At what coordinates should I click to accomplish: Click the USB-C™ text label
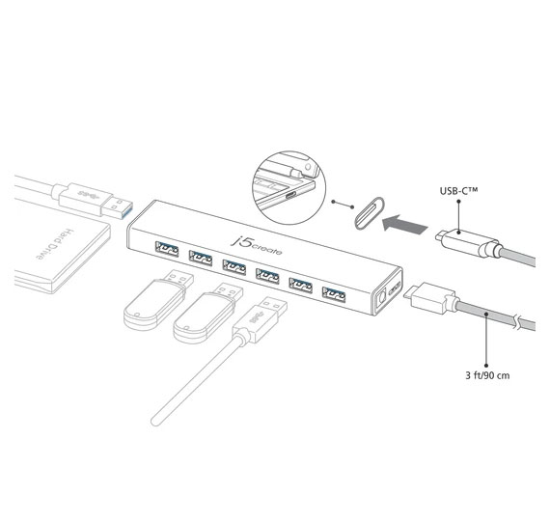click(x=458, y=191)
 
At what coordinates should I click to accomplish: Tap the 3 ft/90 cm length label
click(x=487, y=375)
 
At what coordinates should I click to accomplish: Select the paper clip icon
click(x=370, y=213)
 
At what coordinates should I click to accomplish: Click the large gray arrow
click(x=404, y=224)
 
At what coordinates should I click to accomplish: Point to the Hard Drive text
click(x=56, y=244)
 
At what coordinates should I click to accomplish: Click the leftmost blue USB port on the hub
click(x=167, y=249)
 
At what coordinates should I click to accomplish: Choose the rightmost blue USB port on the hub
click(x=334, y=294)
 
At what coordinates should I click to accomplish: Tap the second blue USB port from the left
click(x=201, y=258)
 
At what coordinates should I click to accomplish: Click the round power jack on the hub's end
click(x=380, y=300)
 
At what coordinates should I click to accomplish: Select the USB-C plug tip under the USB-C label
click(x=438, y=235)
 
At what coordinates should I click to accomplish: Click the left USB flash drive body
click(x=153, y=305)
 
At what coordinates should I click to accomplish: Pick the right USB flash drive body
click(x=204, y=318)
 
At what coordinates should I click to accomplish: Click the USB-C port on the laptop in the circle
click(x=291, y=196)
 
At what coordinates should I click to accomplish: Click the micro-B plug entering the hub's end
click(x=430, y=299)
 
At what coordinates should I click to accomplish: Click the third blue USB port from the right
click(x=267, y=276)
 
